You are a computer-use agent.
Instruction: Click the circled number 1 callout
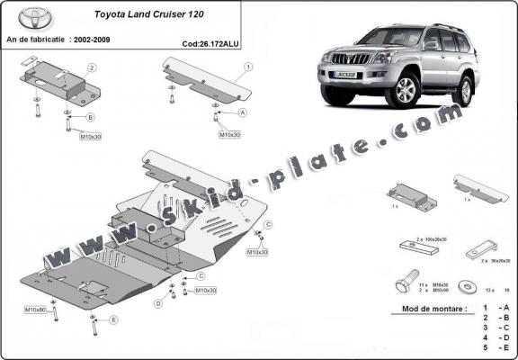pyautogui.click(x=247, y=67)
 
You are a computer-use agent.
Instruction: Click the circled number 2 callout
pyautogui.click(x=91, y=67)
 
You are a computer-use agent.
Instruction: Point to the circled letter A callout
pyautogui.click(x=243, y=112)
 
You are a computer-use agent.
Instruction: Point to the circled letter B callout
pyautogui.click(x=90, y=117)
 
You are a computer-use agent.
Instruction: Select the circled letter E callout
pyautogui.click(x=113, y=319)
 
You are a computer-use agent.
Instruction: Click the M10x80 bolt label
pyautogui.click(x=35, y=310)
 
